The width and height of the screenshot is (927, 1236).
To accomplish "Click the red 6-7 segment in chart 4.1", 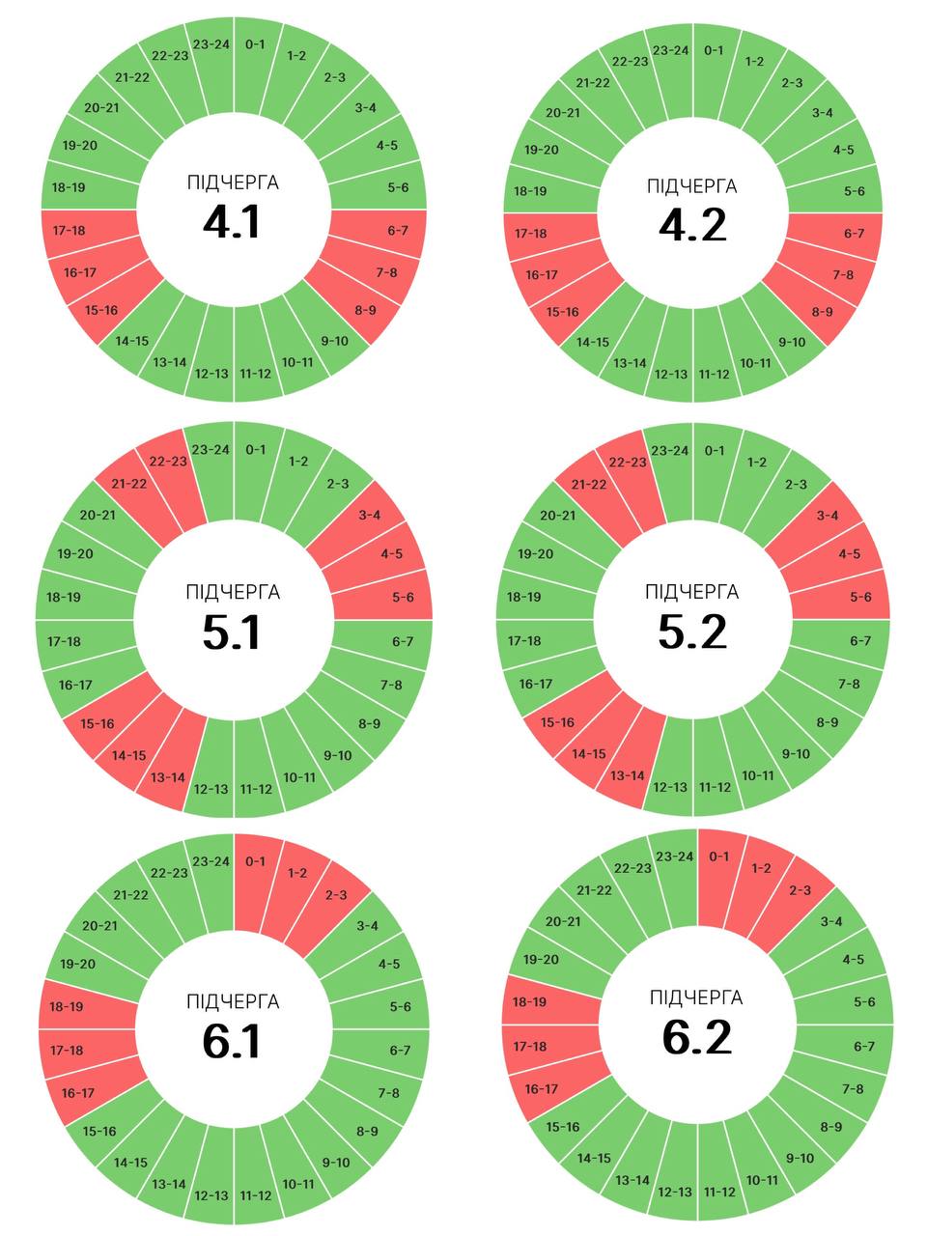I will point(397,231).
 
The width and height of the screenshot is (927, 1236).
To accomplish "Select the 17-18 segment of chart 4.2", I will point(530,234).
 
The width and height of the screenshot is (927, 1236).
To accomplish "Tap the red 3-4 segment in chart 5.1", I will point(369,516).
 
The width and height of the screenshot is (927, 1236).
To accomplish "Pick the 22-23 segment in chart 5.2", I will point(628,463).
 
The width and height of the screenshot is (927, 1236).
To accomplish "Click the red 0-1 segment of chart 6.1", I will point(255,861).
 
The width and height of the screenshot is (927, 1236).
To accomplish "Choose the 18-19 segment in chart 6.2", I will point(529,1003).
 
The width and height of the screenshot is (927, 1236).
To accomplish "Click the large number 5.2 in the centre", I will point(692,632).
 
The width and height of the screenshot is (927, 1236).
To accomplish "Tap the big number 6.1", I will point(232,1042).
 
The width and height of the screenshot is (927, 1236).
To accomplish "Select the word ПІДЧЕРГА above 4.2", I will point(692,186).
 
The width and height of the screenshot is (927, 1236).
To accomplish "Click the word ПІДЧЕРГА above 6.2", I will point(696,997).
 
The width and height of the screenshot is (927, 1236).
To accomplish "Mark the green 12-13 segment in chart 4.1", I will point(211,373).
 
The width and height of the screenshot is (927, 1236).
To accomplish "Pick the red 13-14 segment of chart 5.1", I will point(167,777).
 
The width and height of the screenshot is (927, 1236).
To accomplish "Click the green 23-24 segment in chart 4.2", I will point(670,50).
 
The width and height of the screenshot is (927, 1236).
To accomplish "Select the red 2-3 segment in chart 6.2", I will point(800,890).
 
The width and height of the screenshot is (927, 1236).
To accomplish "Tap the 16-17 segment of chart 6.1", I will point(77,1093).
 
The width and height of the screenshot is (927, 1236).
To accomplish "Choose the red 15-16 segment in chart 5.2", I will point(557,722).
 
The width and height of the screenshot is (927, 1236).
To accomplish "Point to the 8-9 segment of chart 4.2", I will point(822,312).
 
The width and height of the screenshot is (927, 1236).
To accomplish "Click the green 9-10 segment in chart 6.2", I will point(800,1158).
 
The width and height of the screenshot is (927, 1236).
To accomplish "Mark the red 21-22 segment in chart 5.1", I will point(129,484).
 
